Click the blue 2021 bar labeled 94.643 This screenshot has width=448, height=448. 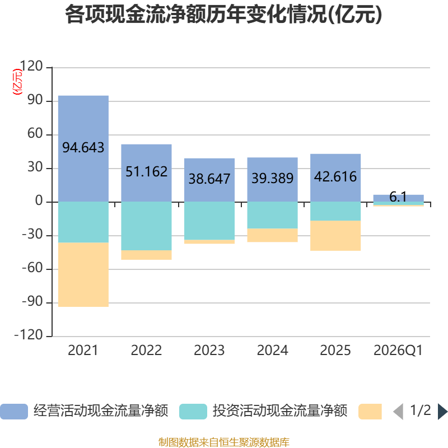click(x=83, y=148)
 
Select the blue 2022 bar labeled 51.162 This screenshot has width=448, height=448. click(x=146, y=173)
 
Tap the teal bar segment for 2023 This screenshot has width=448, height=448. click(x=209, y=221)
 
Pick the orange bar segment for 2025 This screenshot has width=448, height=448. click(x=335, y=236)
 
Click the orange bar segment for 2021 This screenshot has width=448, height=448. click(x=83, y=274)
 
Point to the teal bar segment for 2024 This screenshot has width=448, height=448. click(x=272, y=215)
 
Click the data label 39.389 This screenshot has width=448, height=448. click(x=272, y=178)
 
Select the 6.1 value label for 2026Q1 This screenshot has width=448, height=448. click(x=398, y=197)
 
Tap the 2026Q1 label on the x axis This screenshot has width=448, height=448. click(x=398, y=351)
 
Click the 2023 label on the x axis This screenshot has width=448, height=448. click(x=209, y=351)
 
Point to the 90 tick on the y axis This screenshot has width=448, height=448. click(x=35, y=100)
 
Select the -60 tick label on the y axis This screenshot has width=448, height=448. click(x=32, y=268)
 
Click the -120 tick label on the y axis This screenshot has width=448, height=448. click(x=29, y=335)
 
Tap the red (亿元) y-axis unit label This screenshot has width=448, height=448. click(x=17, y=82)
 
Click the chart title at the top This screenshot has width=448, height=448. click(x=223, y=15)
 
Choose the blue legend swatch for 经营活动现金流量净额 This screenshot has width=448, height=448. click(x=14, y=412)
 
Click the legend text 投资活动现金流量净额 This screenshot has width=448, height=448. click(x=280, y=411)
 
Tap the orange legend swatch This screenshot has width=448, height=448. click(x=370, y=412)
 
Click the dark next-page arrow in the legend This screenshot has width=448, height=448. click(x=442, y=412)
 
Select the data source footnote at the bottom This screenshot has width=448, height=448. click(x=224, y=442)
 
